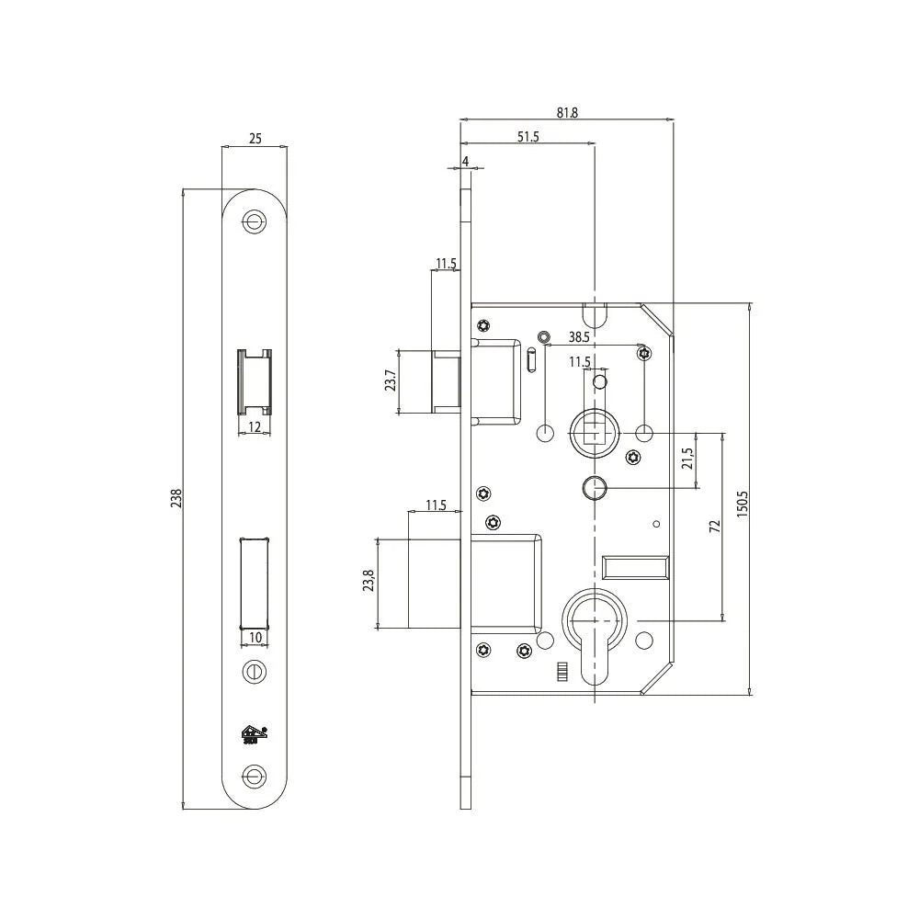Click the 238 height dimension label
point(176,498)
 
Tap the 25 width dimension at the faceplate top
point(255,139)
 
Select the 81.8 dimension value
point(567,112)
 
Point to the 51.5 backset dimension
point(528,137)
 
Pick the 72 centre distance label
point(714,526)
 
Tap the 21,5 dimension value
point(687,459)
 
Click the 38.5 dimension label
point(579,337)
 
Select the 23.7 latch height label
point(391,381)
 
